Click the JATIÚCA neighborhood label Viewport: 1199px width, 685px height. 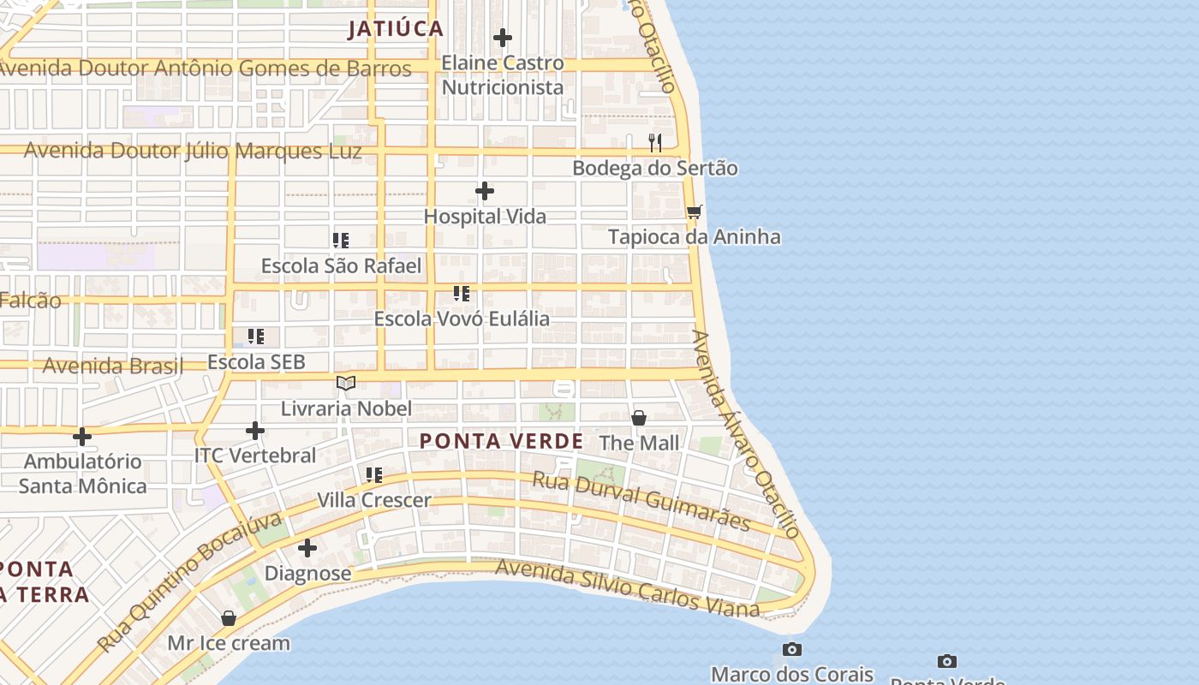(396, 29)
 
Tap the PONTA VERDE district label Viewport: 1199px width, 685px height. (501, 442)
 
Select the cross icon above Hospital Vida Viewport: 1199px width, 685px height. (485, 191)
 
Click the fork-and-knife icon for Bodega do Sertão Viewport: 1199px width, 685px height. (655, 142)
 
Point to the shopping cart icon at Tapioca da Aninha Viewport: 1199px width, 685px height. (694, 211)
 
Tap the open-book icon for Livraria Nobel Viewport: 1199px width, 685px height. (346, 383)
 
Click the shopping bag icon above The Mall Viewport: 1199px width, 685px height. (639, 418)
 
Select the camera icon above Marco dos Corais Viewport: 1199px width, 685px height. (792, 649)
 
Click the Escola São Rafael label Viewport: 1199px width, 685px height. (341, 266)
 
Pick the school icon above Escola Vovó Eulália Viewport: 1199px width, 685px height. (462, 294)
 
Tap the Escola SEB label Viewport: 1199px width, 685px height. (256, 362)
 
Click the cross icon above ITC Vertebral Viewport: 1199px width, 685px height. (255, 430)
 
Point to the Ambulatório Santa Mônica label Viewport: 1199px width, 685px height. (82, 474)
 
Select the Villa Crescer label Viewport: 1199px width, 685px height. (374, 500)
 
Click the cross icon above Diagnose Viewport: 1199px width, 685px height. (307, 548)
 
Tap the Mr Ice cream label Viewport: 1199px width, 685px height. (229, 643)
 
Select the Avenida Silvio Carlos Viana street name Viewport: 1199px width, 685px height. (627, 588)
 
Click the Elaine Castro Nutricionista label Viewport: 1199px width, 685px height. (503, 74)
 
